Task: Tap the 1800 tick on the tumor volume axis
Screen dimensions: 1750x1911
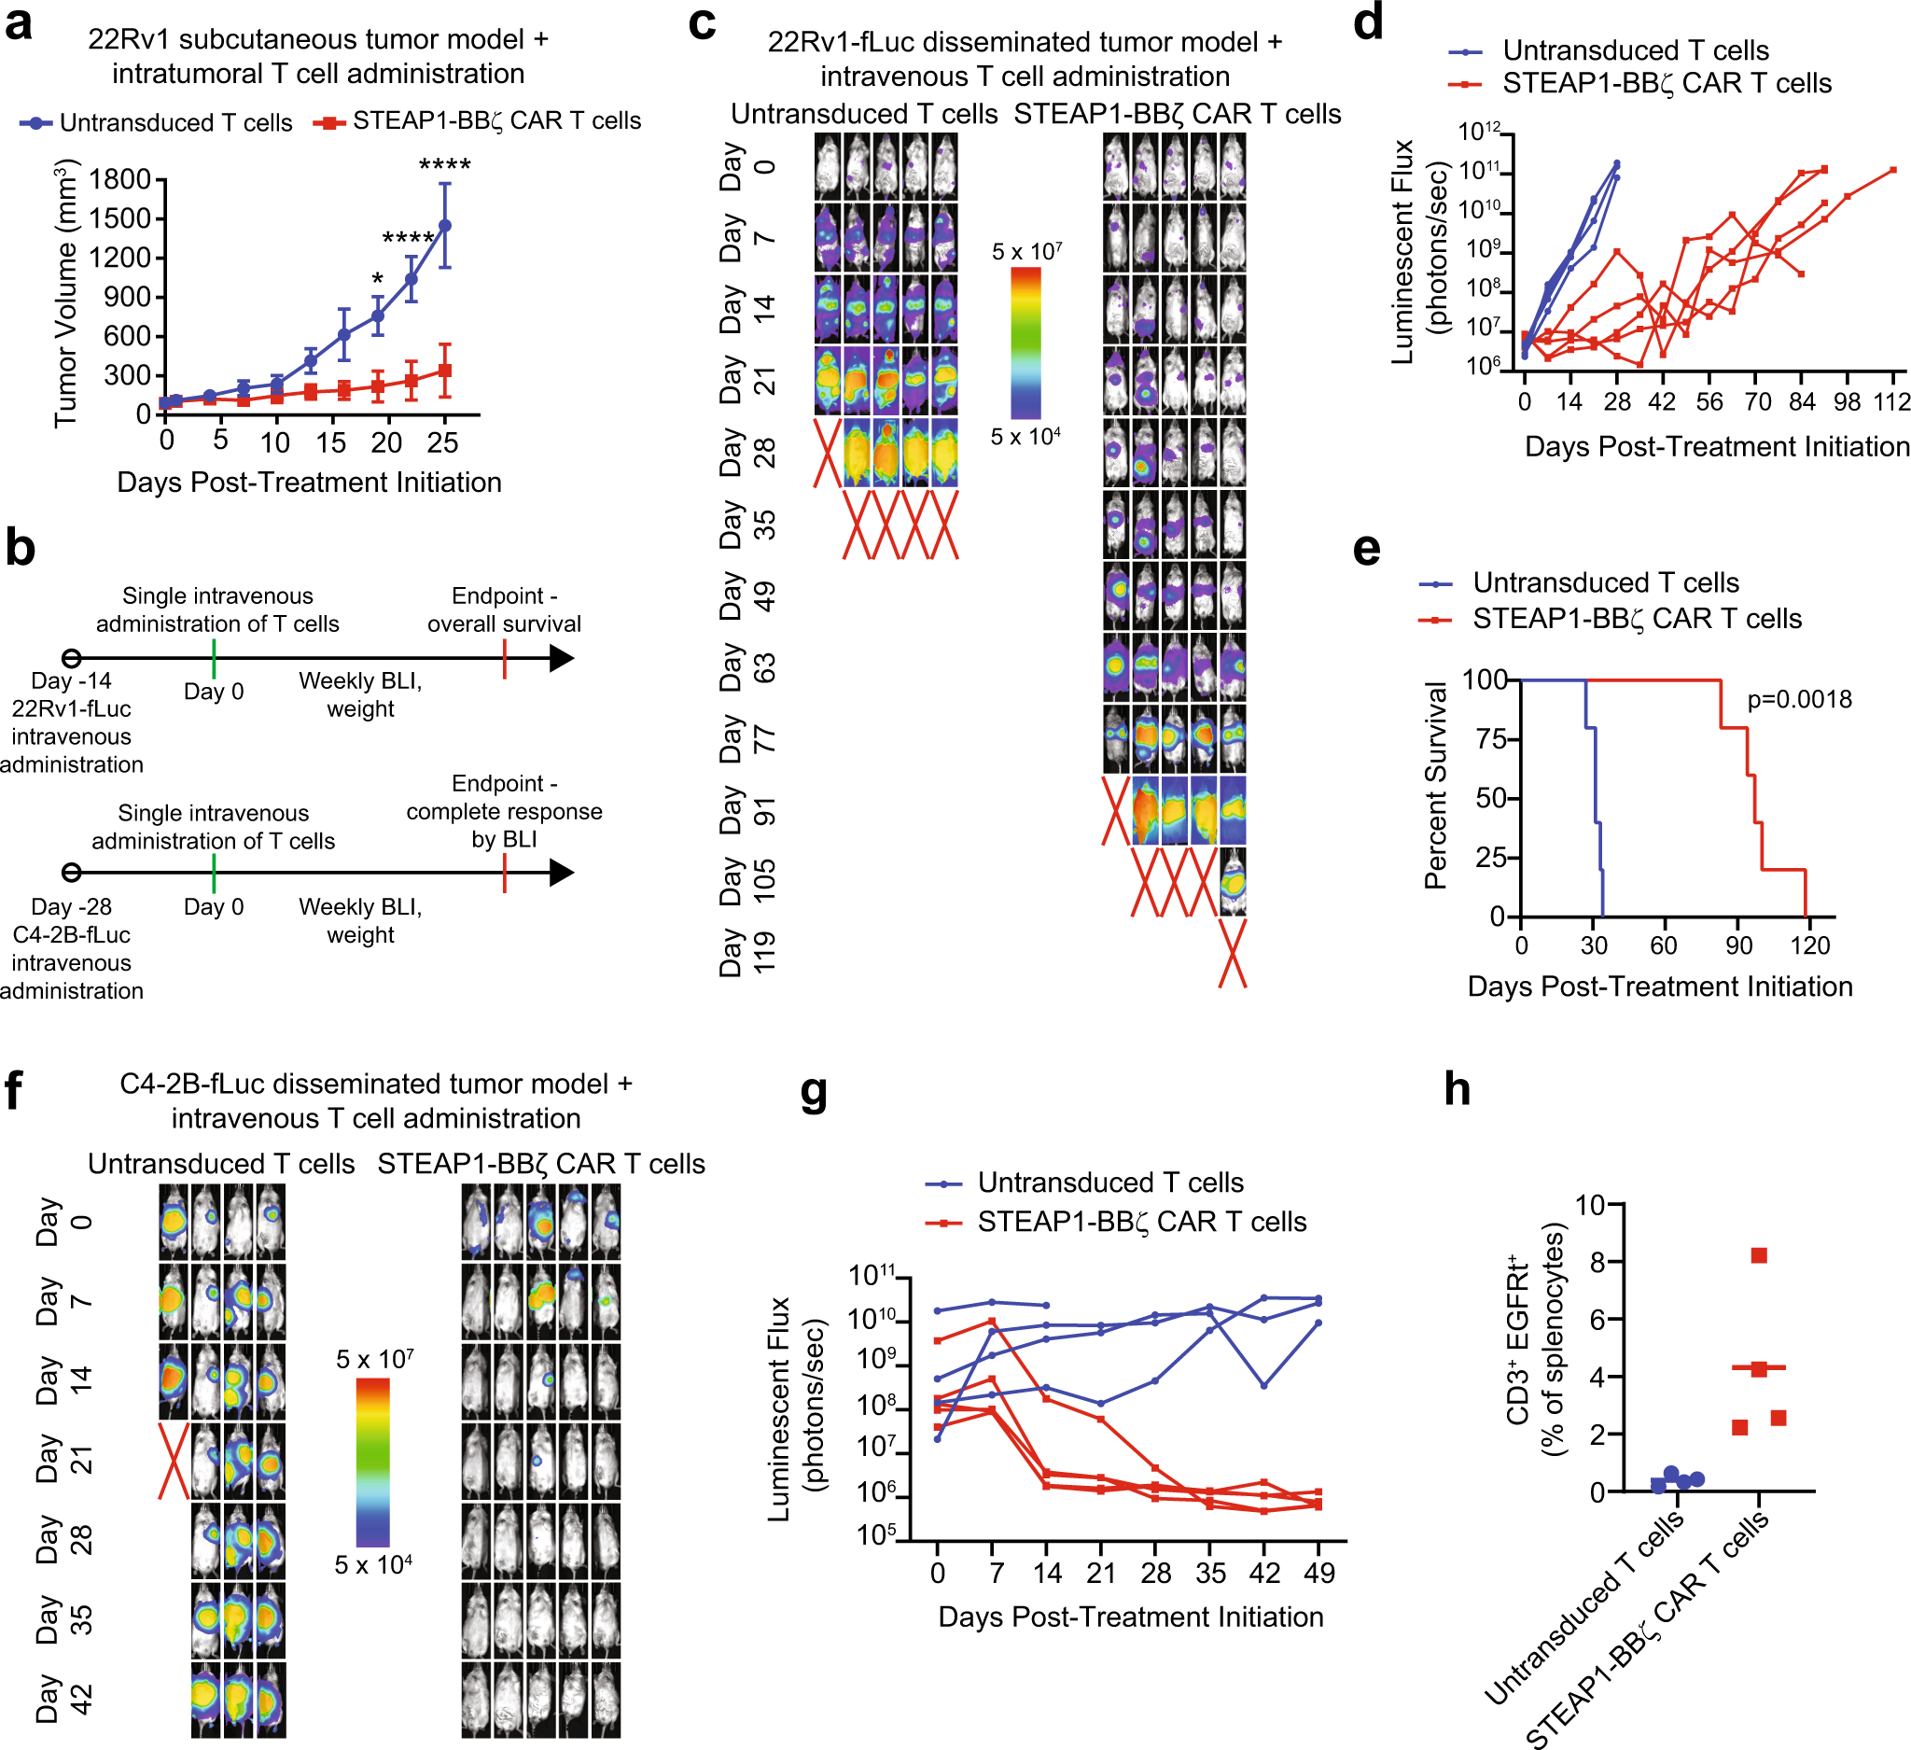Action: pos(119,179)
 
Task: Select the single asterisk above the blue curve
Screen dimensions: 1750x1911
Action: pos(377,280)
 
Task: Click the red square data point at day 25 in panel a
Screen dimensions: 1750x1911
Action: pos(444,371)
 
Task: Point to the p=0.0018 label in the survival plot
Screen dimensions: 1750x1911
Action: pos(1799,700)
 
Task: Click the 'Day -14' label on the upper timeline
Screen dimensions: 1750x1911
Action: pos(71,680)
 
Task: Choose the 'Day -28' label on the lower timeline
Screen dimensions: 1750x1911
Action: pos(71,906)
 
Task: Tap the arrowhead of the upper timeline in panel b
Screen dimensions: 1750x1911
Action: pos(562,658)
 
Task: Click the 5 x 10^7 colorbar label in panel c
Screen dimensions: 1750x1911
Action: pos(1026,252)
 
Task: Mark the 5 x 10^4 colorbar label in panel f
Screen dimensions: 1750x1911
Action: pos(372,1564)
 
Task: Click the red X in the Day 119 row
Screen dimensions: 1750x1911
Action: pos(1233,953)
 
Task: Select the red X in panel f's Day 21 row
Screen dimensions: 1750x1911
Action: pos(174,1461)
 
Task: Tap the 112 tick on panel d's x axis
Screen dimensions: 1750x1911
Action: pos(1891,402)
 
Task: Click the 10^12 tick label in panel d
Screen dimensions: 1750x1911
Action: pos(1479,132)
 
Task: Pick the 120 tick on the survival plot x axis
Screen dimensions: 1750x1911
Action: pos(1809,945)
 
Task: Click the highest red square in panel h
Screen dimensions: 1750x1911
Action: pos(1758,1255)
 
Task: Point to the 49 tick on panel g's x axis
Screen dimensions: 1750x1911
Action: pos(1318,1574)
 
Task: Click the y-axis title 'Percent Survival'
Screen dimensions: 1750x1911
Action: pos(1435,785)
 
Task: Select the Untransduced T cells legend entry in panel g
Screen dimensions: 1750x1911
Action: pos(1084,1183)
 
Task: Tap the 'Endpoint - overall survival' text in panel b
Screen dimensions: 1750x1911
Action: pos(503,609)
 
